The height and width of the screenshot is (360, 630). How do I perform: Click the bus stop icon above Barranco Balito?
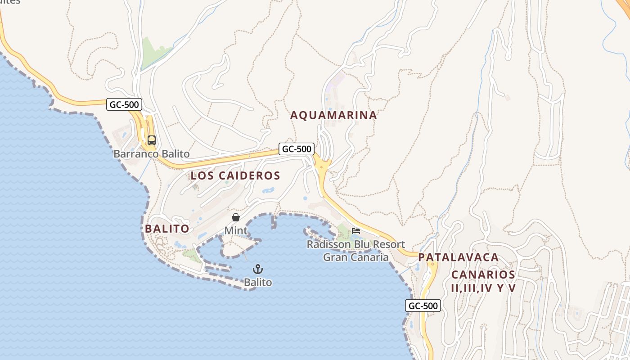(151, 140)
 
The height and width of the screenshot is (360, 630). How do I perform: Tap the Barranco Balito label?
(151, 154)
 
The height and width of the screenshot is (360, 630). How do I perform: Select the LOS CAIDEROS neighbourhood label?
(235, 175)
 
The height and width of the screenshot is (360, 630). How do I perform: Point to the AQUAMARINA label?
(333, 115)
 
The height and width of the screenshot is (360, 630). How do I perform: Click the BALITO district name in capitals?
(167, 229)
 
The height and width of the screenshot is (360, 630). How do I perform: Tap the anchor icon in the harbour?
(258, 269)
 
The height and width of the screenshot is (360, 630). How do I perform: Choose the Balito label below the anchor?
(258, 283)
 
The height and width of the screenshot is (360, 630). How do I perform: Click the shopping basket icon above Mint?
(235, 218)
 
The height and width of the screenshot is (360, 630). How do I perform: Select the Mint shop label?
(236, 231)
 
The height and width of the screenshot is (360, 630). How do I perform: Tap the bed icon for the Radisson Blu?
(356, 231)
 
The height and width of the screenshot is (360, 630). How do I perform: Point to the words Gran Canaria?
(355, 257)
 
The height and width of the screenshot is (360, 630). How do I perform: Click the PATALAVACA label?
(458, 257)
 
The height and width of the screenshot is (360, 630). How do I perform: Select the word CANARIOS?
(483, 274)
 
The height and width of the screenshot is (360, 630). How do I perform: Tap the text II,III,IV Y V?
(483, 288)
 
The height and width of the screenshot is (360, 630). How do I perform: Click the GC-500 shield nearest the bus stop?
(125, 105)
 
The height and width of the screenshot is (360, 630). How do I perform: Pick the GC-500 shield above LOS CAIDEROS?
(296, 148)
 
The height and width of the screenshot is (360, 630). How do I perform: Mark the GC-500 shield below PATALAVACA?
(423, 306)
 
